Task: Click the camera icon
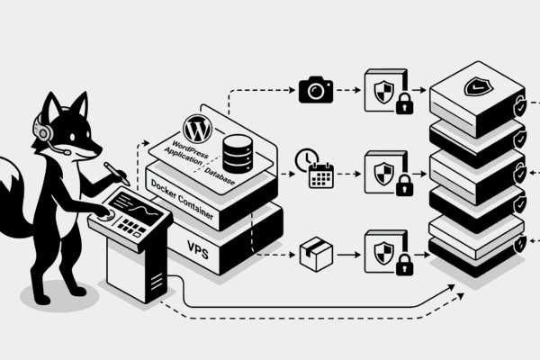click(x=316, y=89)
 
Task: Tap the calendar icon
click(x=321, y=175)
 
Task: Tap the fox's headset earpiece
click(x=41, y=131)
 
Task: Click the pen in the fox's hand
click(x=116, y=172)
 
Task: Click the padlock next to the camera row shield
click(x=404, y=104)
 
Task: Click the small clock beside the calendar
click(x=307, y=159)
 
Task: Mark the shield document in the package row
click(x=382, y=249)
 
